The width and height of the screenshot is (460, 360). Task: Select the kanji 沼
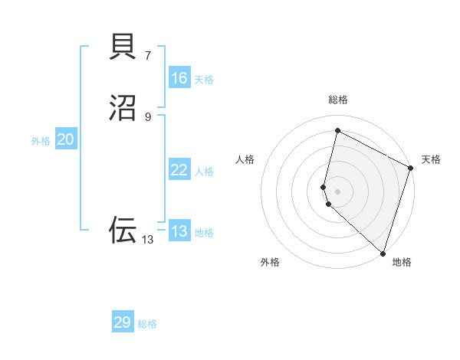point(123,108)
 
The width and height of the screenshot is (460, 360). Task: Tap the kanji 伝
point(123,230)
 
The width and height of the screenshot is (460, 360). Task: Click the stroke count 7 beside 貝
point(148,55)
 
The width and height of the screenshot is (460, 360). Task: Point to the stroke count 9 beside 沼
point(148,116)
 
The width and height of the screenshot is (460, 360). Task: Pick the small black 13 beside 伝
point(148,240)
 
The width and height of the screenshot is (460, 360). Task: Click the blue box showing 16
point(179,78)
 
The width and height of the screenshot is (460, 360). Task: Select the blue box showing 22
point(179,170)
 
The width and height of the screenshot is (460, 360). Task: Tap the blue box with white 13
point(179,231)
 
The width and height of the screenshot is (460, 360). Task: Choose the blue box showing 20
point(66,139)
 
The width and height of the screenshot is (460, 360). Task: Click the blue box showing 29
point(123,322)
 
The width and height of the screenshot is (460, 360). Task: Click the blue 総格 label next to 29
point(147,324)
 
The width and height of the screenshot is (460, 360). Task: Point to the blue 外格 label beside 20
point(41,141)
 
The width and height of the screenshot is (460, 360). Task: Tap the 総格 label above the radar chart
point(338,100)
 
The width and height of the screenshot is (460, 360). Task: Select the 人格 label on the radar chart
point(245,159)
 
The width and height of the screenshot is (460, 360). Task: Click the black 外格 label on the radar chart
point(270,262)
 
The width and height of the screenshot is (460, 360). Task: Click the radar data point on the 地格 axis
point(383,253)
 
